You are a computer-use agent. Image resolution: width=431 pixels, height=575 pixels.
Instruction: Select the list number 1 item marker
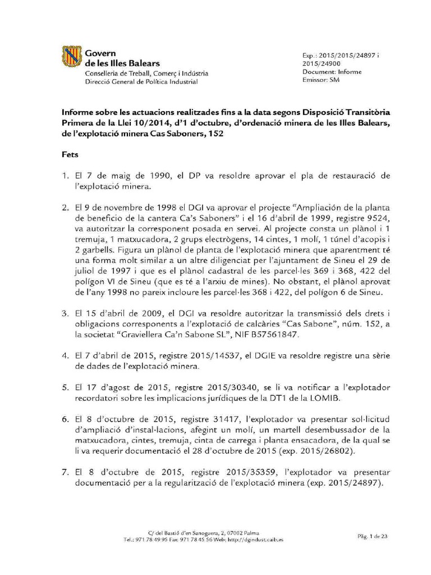[x=66, y=177]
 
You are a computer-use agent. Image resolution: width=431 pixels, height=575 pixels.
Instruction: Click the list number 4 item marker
[x=66, y=356]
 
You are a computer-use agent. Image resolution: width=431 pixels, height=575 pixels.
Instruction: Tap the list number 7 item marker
[x=66, y=472]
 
